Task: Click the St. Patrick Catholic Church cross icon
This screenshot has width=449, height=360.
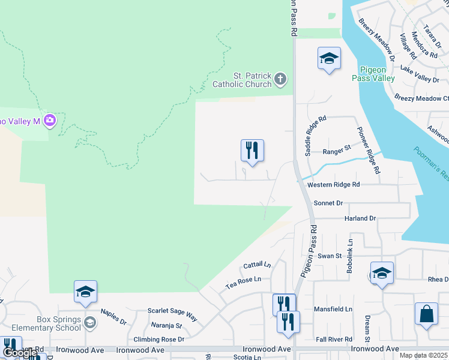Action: tap(280, 79)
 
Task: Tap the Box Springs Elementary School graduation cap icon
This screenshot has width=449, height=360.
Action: tap(90, 323)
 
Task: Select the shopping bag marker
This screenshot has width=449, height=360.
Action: tap(426, 314)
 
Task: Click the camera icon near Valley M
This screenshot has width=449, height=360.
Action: tap(50, 121)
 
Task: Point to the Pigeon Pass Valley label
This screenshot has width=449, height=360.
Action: tap(377, 74)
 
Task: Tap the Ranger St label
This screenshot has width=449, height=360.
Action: tap(336, 151)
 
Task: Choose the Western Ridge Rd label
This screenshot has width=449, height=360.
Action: tap(333, 185)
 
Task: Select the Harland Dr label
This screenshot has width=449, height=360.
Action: tap(360, 218)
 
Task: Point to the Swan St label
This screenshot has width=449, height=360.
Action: tap(330, 256)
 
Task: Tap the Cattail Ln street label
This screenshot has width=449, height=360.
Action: tap(258, 265)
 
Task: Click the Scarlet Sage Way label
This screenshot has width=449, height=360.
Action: tap(173, 313)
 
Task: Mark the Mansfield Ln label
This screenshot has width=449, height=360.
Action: tap(333, 310)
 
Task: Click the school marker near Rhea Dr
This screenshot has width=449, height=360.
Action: tap(382, 273)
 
